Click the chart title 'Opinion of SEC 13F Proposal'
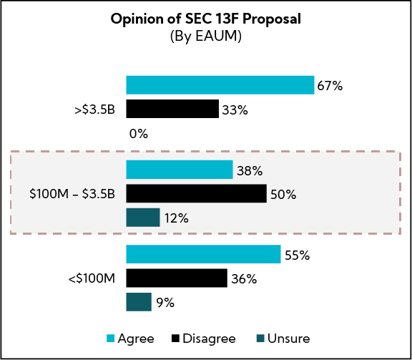click(x=206, y=19)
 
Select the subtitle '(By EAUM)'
click(x=206, y=37)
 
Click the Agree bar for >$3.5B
click(x=220, y=84)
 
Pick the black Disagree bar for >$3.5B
click(x=172, y=109)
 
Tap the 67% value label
click(x=330, y=86)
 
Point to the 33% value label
click(x=235, y=110)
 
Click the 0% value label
click(x=138, y=133)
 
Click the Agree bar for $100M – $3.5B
click(x=180, y=170)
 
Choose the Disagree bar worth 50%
click(x=196, y=194)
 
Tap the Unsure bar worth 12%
click(x=143, y=218)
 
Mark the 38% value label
click(x=249, y=171)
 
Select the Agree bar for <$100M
click(x=203, y=254)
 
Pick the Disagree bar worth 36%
click(x=177, y=278)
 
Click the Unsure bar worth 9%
click(x=139, y=302)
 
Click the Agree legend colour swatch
click(x=111, y=339)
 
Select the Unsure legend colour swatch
click(x=260, y=339)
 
